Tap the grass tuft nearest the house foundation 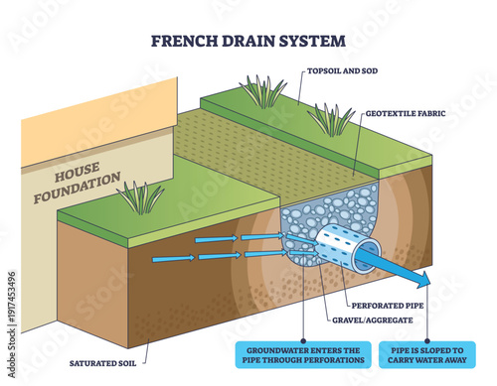click(141, 196)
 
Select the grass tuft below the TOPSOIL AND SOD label click(329, 119)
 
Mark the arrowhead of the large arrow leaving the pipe click(422, 277)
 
